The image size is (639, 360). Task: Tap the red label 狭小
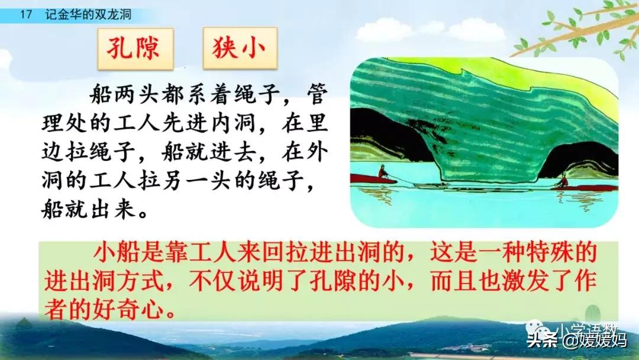[x=239, y=49]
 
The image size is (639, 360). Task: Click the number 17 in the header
[x=25, y=15]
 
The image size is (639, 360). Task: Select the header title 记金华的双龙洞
[x=88, y=15]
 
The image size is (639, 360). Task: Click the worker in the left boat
[x=383, y=171]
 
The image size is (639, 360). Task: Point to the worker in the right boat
[x=563, y=180]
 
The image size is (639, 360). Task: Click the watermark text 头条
[x=542, y=339]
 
